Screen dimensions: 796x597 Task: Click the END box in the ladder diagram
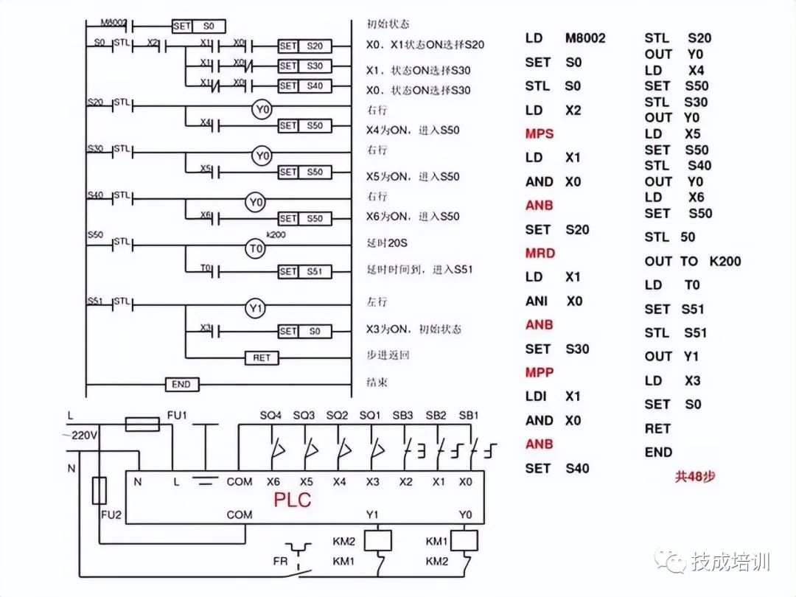(x=181, y=385)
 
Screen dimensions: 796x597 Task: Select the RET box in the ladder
(x=262, y=357)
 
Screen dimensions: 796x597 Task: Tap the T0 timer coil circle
(x=254, y=249)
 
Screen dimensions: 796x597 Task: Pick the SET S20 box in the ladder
(x=304, y=46)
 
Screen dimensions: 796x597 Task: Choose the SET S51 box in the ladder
(x=304, y=271)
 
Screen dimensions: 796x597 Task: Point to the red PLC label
(x=293, y=500)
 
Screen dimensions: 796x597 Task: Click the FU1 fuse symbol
(x=142, y=423)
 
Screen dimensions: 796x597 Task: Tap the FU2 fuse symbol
(x=99, y=489)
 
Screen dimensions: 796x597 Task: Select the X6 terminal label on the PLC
(x=273, y=482)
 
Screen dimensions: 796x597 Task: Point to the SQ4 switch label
(x=271, y=416)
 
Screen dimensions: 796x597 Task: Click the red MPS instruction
(x=539, y=134)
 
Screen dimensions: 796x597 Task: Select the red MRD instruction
(x=540, y=253)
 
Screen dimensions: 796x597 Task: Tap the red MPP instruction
(x=539, y=372)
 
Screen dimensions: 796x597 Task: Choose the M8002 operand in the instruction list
(x=585, y=38)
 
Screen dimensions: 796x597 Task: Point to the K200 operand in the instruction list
(x=725, y=261)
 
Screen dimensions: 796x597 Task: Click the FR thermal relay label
(x=280, y=560)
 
